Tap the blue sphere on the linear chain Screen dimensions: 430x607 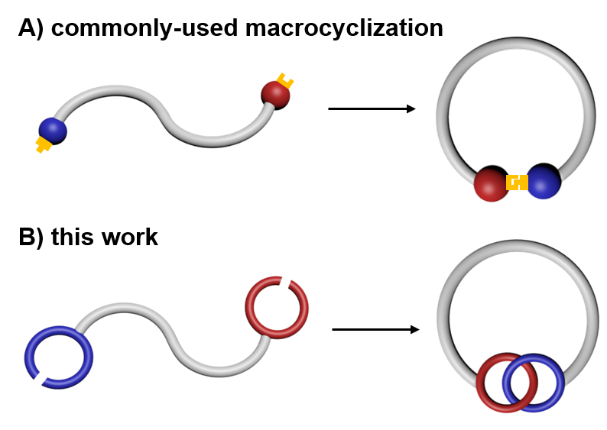[x=52, y=131]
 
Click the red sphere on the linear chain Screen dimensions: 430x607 [x=274, y=95]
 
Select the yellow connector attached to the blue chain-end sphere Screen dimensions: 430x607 [x=43, y=144]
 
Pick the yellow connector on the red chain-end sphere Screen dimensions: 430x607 [x=285, y=80]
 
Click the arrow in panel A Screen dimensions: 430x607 [x=372, y=109]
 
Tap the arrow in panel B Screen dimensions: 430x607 [x=375, y=330]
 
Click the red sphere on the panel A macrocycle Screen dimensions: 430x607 [x=491, y=184]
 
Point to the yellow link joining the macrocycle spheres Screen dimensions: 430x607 [x=518, y=183]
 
